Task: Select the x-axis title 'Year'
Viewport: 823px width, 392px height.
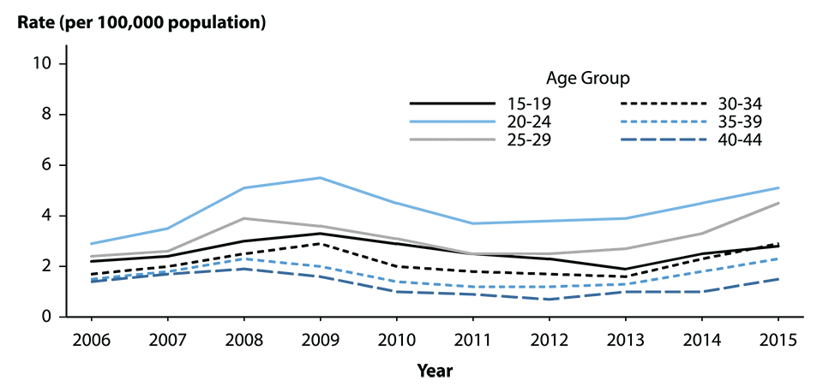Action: coord(435,371)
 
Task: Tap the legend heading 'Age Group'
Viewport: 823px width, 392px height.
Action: coord(588,78)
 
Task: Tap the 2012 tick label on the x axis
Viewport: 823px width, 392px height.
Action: coord(548,339)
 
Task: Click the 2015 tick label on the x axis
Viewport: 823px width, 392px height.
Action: coord(778,339)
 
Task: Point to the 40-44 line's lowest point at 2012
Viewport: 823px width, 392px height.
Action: coord(549,300)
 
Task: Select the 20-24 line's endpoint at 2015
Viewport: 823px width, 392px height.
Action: coord(778,187)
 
